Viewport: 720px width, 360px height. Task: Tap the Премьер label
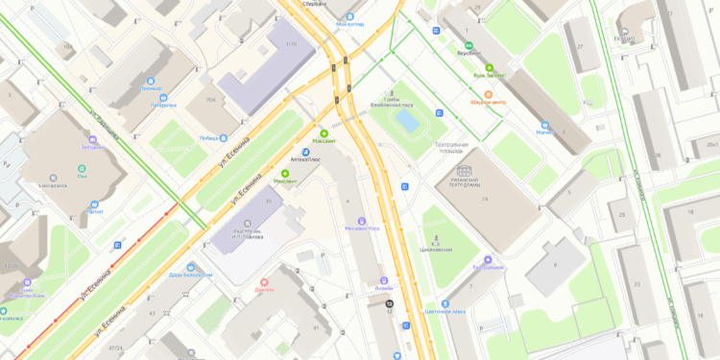click(x=152, y=88)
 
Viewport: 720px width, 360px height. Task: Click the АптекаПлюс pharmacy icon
click(x=305, y=151)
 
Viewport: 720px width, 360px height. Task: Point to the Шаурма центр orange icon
click(x=488, y=94)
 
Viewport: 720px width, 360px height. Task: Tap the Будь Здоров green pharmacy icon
click(x=489, y=67)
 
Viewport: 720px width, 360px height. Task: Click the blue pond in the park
click(x=407, y=121)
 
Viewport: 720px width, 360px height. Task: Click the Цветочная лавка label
click(x=444, y=312)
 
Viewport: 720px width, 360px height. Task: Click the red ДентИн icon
click(x=264, y=282)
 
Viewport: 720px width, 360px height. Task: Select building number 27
click(x=581, y=44)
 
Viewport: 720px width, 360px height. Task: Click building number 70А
click(x=209, y=98)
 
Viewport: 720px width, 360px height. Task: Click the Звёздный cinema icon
click(x=92, y=138)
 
